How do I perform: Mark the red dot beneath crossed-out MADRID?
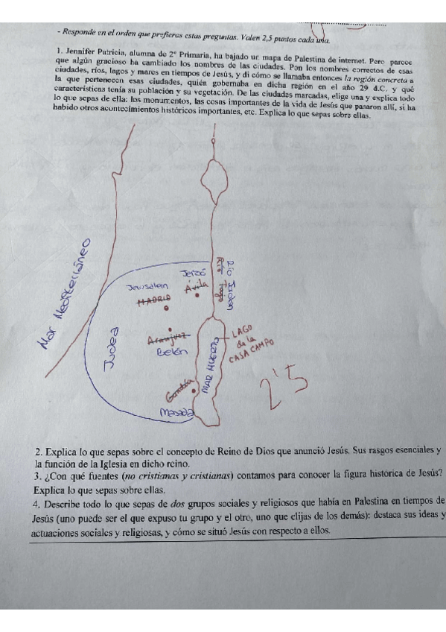pos(166,308)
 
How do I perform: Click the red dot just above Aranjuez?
pos(171,329)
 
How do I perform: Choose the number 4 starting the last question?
pos(36,502)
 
